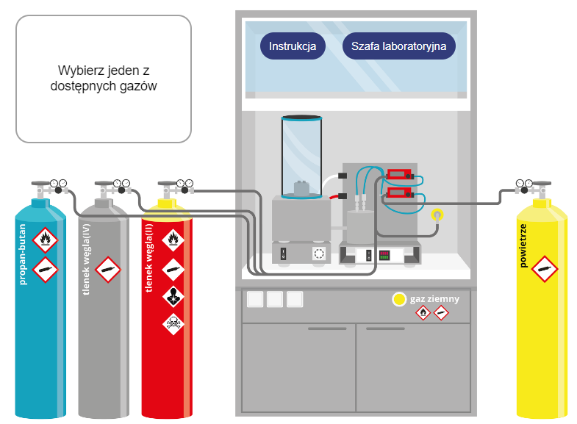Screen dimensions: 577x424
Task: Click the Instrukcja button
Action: tap(293, 46)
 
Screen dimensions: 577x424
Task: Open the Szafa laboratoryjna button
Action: tap(399, 46)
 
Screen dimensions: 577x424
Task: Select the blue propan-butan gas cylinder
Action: tap(40, 309)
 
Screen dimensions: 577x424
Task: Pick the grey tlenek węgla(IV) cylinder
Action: tap(104, 309)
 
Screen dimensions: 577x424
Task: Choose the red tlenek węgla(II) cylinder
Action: tap(167, 309)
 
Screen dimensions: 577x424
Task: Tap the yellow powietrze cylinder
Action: tap(542, 309)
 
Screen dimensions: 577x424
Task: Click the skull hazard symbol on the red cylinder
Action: tap(173, 323)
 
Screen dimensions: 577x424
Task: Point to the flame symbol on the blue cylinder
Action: tap(46, 240)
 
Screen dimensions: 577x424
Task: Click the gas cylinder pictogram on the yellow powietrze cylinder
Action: tap(545, 269)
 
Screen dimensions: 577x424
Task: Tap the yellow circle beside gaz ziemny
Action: tap(399, 299)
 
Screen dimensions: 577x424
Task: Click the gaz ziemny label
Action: tap(435, 299)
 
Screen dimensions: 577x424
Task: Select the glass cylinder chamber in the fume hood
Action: tap(302, 157)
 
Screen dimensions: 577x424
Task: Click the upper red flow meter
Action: tap(399, 173)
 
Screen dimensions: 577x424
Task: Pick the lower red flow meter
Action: tap(399, 193)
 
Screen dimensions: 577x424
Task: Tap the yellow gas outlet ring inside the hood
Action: tap(437, 215)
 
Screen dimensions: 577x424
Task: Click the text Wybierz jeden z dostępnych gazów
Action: tap(104, 78)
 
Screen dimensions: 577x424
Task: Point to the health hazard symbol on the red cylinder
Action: tap(173, 296)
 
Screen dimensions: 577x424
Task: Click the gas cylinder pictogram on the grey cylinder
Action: tap(108, 270)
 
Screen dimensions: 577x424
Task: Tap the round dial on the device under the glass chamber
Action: tap(319, 254)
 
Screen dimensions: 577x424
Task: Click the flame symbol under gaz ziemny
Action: tap(423, 313)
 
